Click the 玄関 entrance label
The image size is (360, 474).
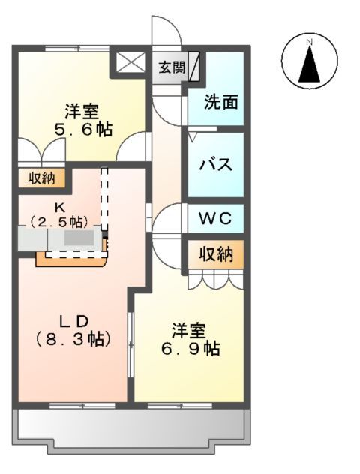171,67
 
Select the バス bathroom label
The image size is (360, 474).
214,165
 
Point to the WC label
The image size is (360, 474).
214,219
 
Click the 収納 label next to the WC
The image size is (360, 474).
215,253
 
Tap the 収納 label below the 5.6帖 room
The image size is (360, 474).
41,178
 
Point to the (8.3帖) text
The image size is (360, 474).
73,338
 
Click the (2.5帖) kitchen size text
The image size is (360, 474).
58,221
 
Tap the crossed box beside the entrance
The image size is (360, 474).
129,63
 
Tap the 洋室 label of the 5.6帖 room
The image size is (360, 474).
81,112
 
